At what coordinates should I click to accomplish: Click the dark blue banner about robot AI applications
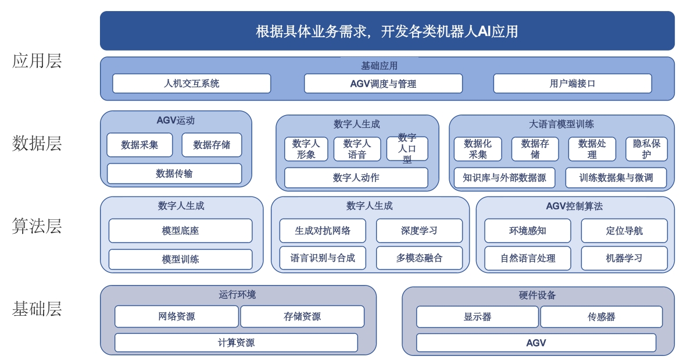387,31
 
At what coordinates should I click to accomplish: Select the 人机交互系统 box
191,83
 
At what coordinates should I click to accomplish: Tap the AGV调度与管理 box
384,83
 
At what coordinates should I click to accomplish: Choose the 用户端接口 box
572,83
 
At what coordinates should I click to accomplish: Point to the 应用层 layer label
37,60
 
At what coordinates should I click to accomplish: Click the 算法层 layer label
37,226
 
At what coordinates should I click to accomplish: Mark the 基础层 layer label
37,309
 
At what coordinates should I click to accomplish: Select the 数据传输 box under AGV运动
174,173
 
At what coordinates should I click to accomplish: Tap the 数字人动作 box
356,177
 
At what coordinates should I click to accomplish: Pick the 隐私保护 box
646,149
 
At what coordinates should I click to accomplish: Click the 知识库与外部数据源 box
504,177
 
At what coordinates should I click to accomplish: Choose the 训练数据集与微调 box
616,177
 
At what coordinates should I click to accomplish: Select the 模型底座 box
180,231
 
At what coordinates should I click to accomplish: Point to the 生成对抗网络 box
323,231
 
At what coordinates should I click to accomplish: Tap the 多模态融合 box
420,258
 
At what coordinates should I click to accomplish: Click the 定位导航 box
624,231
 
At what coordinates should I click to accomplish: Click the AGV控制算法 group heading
574,206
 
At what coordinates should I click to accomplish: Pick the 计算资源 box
237,343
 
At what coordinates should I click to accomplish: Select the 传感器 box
602,316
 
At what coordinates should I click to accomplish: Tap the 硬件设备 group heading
538,295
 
